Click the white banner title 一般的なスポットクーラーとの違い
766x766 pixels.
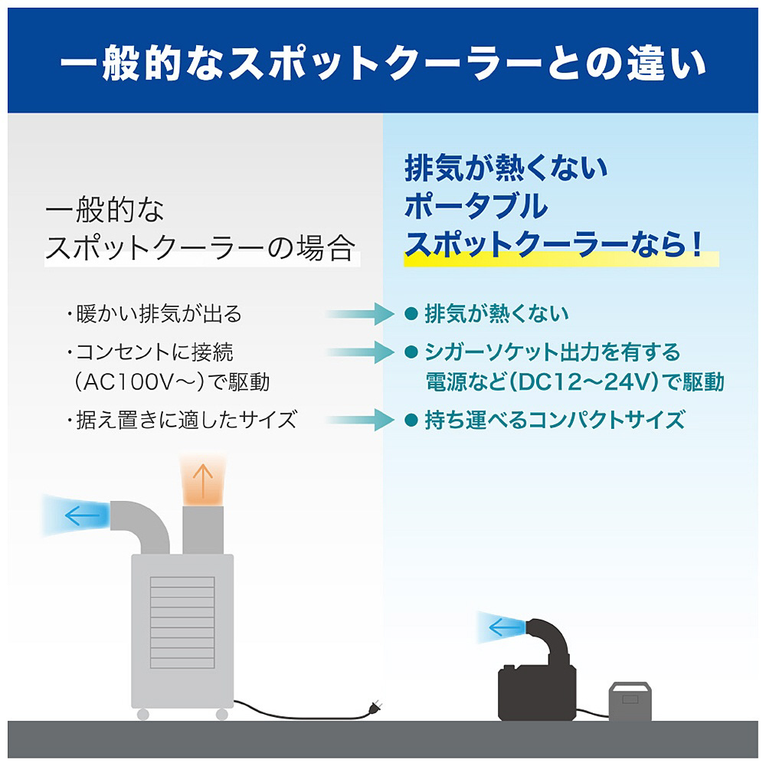click(x=383, y=63)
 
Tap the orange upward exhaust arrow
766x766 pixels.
click(x=203, y=480)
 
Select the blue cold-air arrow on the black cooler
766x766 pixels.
click(x=506, y=627)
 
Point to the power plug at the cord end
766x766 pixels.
click(x=375, y=707)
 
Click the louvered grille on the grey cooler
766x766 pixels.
click(x=182, y=622)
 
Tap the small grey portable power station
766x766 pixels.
click(x=630, y=702)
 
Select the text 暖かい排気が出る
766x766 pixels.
click(x=159, y=313)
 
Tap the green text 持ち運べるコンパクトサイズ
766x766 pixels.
click(x=555, y=420)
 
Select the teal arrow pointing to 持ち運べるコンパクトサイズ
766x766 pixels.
click(x=361, y=420)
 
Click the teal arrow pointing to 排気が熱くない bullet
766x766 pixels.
click(x=361, y=313)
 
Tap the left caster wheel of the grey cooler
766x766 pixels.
click(x=143, y=714)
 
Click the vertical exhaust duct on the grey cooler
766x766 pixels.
click(x=203, y=530)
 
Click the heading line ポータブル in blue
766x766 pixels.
click(x=476, y=205)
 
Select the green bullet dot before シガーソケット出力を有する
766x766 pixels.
click(x=411, y=352)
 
